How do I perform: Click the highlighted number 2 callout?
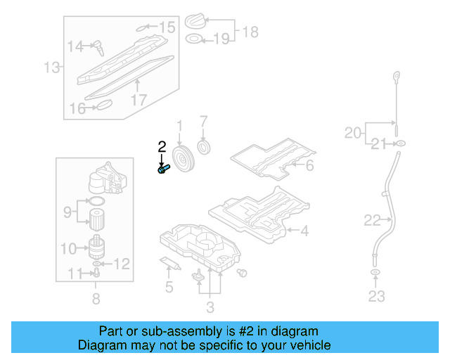click(x=162, y=147)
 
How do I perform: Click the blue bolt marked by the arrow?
click(x=164, y=169)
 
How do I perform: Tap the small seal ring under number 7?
click(x=205, y=148)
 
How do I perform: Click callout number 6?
click(x=309, y=166)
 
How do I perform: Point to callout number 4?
click(x=304, y=230)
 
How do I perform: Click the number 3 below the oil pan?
click(x=210, y=307)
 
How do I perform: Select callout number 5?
click(x=169, y=286)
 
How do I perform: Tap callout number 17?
click(x=139, y=99)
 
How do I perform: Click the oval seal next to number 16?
click(x=104, y=106)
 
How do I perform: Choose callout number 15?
click(x=166, y=27)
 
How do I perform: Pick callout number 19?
click(x=221, y=39)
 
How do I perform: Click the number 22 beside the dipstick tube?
click(x=372, y=221)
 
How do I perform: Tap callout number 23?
click(x=376, y=296)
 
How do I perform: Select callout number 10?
click(x=68, y=248)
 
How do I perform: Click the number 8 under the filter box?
click(x=96, y=300)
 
